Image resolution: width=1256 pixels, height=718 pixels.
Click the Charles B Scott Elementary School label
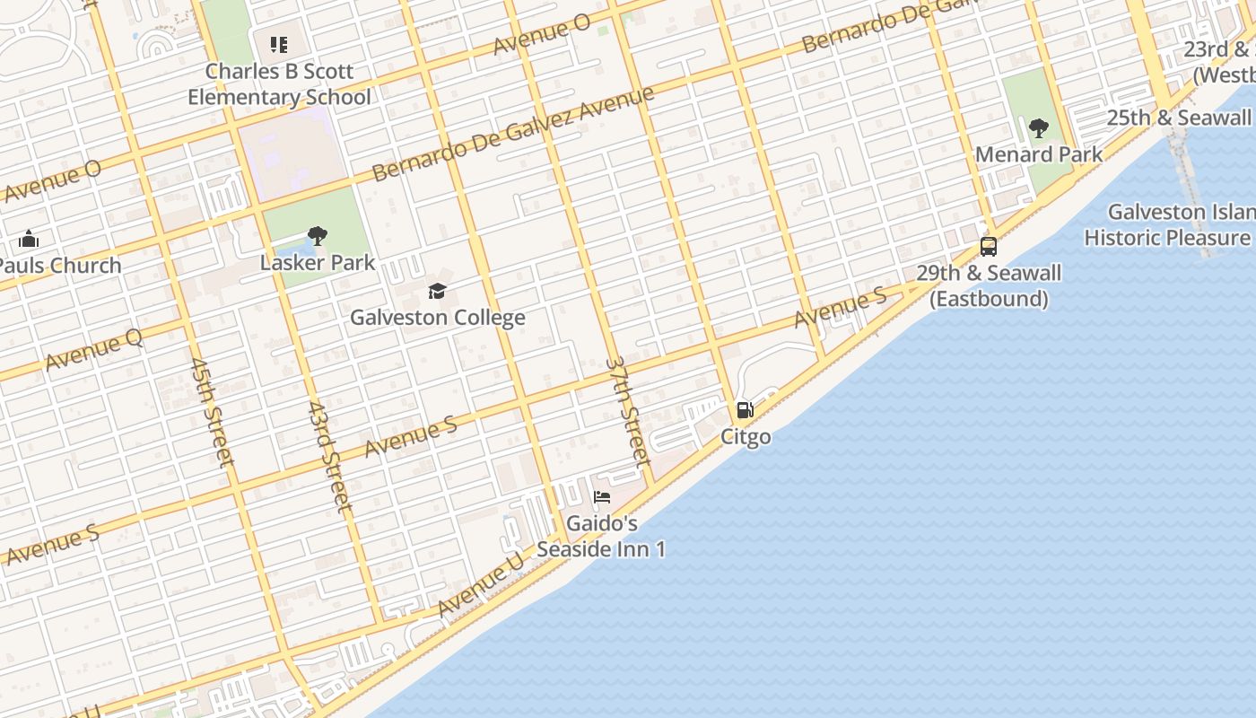[279, 83]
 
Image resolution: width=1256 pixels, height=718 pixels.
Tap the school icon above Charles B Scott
[278, 44]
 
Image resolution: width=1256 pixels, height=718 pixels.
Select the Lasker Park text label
[318, 263]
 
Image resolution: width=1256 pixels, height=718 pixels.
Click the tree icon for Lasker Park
[317, 237]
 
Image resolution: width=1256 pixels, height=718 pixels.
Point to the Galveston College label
[437, 317]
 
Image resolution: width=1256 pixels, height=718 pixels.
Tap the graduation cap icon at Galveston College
[437, 291]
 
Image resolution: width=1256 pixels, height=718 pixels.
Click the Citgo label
[746, 437]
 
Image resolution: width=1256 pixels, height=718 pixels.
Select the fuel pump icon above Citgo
[745, 411]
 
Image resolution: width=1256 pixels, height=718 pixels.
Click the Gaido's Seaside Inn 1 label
[602, 536]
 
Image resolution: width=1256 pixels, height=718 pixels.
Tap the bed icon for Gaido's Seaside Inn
[602, 496]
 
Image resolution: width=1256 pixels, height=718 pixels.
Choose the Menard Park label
[1039, 154]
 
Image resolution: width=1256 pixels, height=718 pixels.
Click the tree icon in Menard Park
[1038, 128]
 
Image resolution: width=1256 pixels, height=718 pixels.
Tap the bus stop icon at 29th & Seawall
[989, 246]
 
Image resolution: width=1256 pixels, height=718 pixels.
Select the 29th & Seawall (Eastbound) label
[989, 285]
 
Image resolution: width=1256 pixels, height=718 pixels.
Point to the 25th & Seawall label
[1178, 118]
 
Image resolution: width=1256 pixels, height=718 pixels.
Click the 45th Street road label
[212, 412]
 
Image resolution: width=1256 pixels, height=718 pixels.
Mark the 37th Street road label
[627, 411]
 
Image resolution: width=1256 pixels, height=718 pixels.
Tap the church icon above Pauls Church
[29, 239]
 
